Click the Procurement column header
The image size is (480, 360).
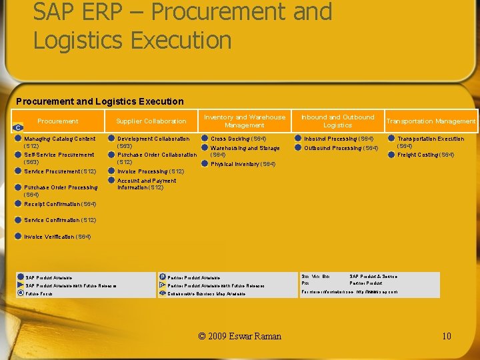point(57,121)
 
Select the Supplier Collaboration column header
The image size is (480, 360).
point(151,121)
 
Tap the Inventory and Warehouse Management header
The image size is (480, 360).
point(244,121)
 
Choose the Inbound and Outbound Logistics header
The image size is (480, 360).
point(337,121)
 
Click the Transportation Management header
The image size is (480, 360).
point(431,121)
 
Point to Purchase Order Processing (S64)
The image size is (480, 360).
point(60,191)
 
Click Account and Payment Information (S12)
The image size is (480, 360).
point(147,184)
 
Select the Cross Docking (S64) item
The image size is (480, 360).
point(238,139)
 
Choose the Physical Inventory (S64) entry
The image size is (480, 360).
point(243,164)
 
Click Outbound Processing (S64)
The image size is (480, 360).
point(341,148)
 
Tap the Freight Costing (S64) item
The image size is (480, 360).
point(425,155)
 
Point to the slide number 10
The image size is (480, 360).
point(446,336)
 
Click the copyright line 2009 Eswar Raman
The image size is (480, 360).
point(240,336)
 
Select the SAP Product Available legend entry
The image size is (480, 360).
point(49,277)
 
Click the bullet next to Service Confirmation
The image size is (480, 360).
point(19,220)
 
